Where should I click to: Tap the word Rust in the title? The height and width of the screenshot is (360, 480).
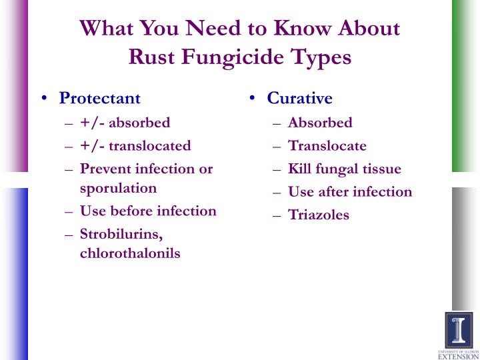coord(151,57)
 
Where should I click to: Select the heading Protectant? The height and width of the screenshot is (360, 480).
coord(100,98)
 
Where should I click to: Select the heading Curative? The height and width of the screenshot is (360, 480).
coord(299,98)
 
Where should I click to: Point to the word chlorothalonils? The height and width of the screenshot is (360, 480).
coord(130,253)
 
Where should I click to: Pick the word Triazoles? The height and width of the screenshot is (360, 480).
coord(319,215)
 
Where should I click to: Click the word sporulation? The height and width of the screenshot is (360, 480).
coord(118,189)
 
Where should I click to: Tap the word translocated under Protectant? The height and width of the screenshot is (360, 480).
coord(150,146)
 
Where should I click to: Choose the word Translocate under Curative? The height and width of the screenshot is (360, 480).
coord(327,146)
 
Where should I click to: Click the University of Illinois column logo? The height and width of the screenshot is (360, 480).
coord(459,331)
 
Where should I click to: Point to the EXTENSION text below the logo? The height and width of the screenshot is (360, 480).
coord(459,357)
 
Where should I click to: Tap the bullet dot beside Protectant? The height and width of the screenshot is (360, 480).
coord(45,98)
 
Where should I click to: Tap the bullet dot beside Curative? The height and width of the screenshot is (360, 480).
coord(252,98)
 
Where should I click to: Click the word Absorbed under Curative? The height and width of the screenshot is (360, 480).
coord(320,123)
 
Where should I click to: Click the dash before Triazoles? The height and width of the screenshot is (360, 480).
coord(277,216)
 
